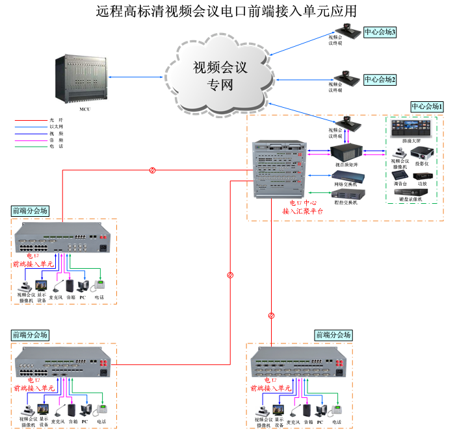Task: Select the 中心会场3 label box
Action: click(380, 32)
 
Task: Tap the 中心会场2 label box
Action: click(380, 79)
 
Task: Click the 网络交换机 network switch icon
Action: click(346, 177)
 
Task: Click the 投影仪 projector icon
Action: click(422, 155)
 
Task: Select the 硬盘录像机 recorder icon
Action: click(411, 193)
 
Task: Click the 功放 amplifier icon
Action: click(423, 176)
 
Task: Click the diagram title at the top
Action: click(227, 11)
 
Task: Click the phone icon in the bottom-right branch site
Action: click(337, 410)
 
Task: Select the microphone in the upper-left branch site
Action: click(57, 286)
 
